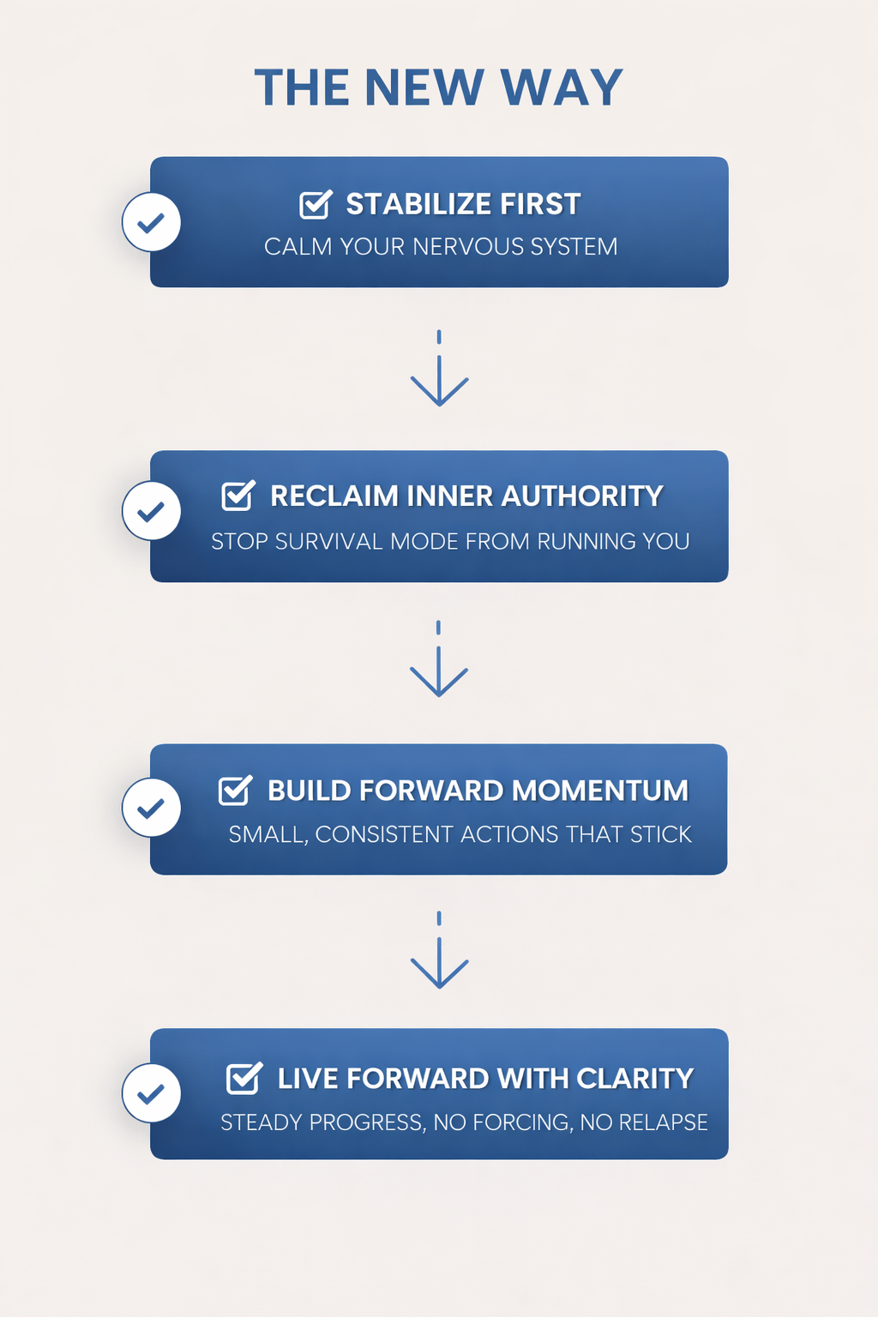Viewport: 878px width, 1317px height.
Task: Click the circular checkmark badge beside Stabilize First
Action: (152, 222)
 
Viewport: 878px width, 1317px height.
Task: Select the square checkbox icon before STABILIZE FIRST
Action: (316, 204)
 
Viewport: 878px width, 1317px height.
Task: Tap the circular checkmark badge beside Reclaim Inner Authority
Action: (152, 511)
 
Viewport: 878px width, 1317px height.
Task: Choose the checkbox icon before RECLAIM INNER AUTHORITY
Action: (238, 496)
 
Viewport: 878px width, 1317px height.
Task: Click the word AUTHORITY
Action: (582, 496)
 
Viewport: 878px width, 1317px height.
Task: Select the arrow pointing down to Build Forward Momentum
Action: (439, 660)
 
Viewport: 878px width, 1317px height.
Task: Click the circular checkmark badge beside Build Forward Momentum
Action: (152, 808)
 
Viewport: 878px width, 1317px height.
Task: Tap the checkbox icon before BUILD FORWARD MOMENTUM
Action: (235, 790)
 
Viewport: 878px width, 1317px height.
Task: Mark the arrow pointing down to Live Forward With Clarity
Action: (439, 952)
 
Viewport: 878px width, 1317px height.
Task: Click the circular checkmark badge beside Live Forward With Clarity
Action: (152, 1093)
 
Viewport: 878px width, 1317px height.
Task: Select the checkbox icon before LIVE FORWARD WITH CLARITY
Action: (244, 1078)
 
